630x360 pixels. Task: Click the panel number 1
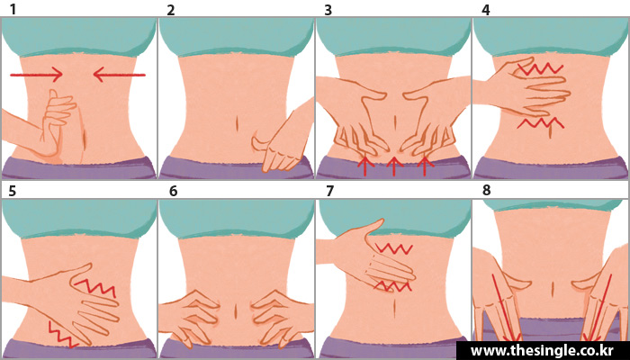(x=13, y=10)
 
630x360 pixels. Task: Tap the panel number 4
(x=485, y=10)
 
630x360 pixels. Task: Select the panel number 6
(x=173, y=191)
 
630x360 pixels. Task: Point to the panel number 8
(x=487, y=191)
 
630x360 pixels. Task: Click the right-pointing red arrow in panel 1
(x=36, y=75)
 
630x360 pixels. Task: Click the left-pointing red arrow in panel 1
(x=119, y=75)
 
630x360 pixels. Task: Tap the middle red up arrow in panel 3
(x=394, y=166)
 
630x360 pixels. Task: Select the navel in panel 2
(x=237, y=123)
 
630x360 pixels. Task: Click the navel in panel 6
(x=236, y=311)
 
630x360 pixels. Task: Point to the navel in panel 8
(x=553, y=288)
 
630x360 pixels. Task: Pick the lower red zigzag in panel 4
(x=540, y=122)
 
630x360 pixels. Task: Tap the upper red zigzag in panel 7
(x=393, y=248)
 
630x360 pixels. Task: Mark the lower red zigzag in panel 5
(x=62, y=334)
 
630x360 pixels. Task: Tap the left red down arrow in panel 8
(x=507, y=308)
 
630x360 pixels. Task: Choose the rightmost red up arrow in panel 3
(x=425, y=166)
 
